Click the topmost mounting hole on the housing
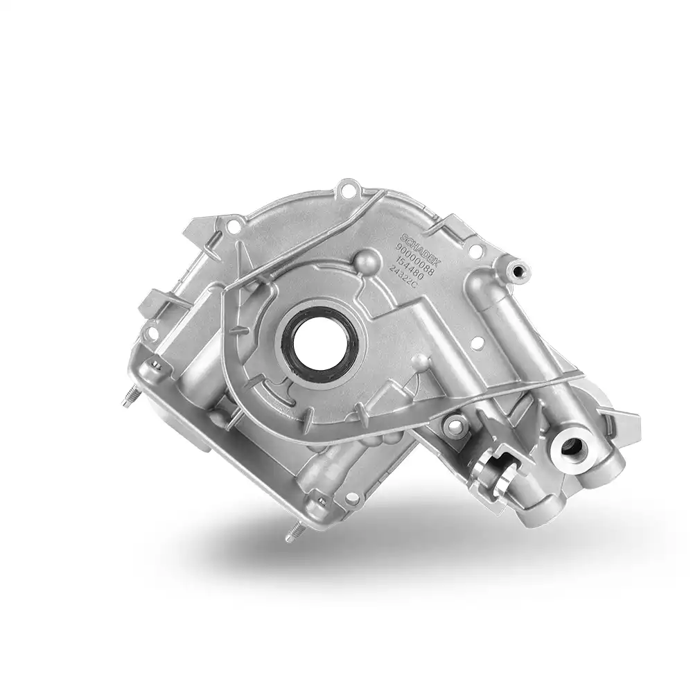click(348, 186)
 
